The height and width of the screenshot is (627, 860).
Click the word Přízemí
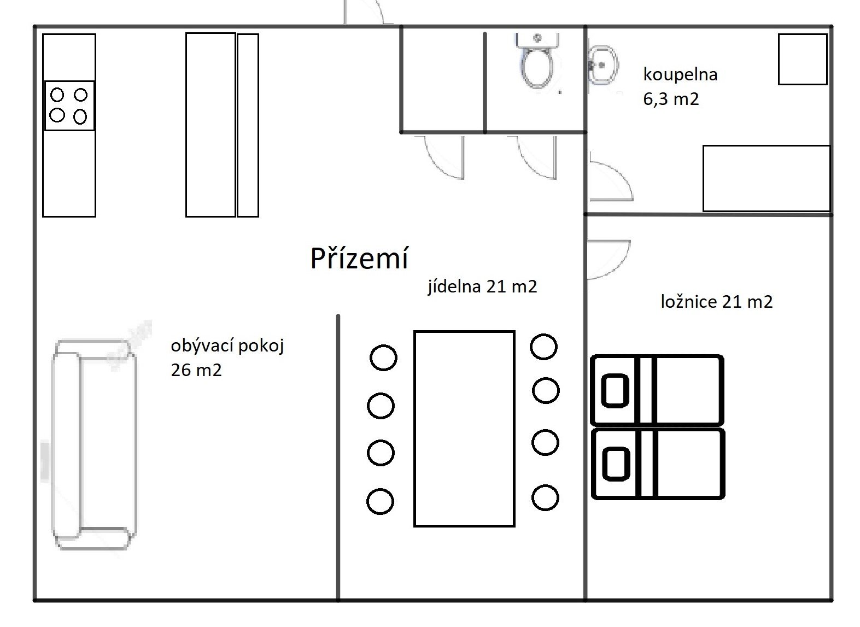coord(359,258)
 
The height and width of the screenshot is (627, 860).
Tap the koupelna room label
coord(680,74)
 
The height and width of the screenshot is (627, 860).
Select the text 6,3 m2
coord(671,99)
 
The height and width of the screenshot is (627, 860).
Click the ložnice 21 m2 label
coord(717,301)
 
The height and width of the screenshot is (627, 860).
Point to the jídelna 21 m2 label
coord(482,286)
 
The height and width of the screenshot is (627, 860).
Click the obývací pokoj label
coord(227,345)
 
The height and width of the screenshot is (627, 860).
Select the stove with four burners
coord(69,106)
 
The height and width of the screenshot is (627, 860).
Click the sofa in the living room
coord(93,444)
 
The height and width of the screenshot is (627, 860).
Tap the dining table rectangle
coord(464,428)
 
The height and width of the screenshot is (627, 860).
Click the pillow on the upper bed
coord(616,390)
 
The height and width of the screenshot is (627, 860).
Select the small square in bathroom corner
coord(802,59)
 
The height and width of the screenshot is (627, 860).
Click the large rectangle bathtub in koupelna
coord(766,178)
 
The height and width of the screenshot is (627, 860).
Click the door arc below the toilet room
coord(537,159)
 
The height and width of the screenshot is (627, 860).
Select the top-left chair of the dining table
coord(383,358)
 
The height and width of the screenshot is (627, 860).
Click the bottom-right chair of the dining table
coord(545,497)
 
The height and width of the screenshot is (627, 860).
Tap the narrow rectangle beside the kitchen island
coord(248,125)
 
